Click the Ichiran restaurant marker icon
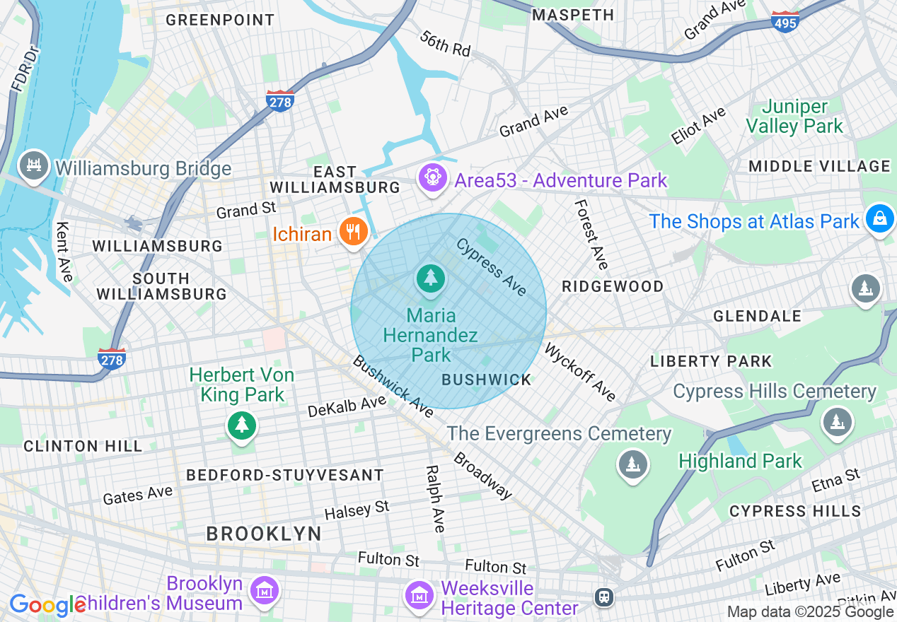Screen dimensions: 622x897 point(352,232)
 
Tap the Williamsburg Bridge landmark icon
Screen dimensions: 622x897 point(33,165)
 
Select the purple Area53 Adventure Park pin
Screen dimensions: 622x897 point(431,177)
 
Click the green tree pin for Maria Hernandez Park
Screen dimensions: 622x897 point(430,278)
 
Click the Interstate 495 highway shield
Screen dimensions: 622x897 point(785,20)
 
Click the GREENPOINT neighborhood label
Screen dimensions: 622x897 point(220,20)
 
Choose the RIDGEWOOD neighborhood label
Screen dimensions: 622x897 point(613,286)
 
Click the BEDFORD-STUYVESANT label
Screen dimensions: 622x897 point(285,475)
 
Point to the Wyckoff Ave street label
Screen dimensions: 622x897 point(580,372)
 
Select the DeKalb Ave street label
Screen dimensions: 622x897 point(347,406)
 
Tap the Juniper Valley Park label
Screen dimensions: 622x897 point(795,117)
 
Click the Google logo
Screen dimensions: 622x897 point(47,605)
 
